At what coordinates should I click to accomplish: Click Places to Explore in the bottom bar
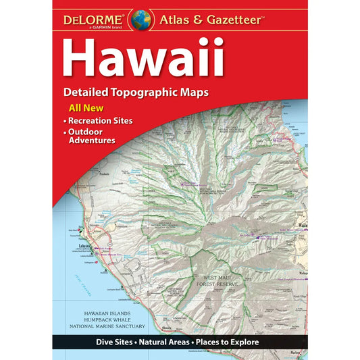click(x=228, y=342)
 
